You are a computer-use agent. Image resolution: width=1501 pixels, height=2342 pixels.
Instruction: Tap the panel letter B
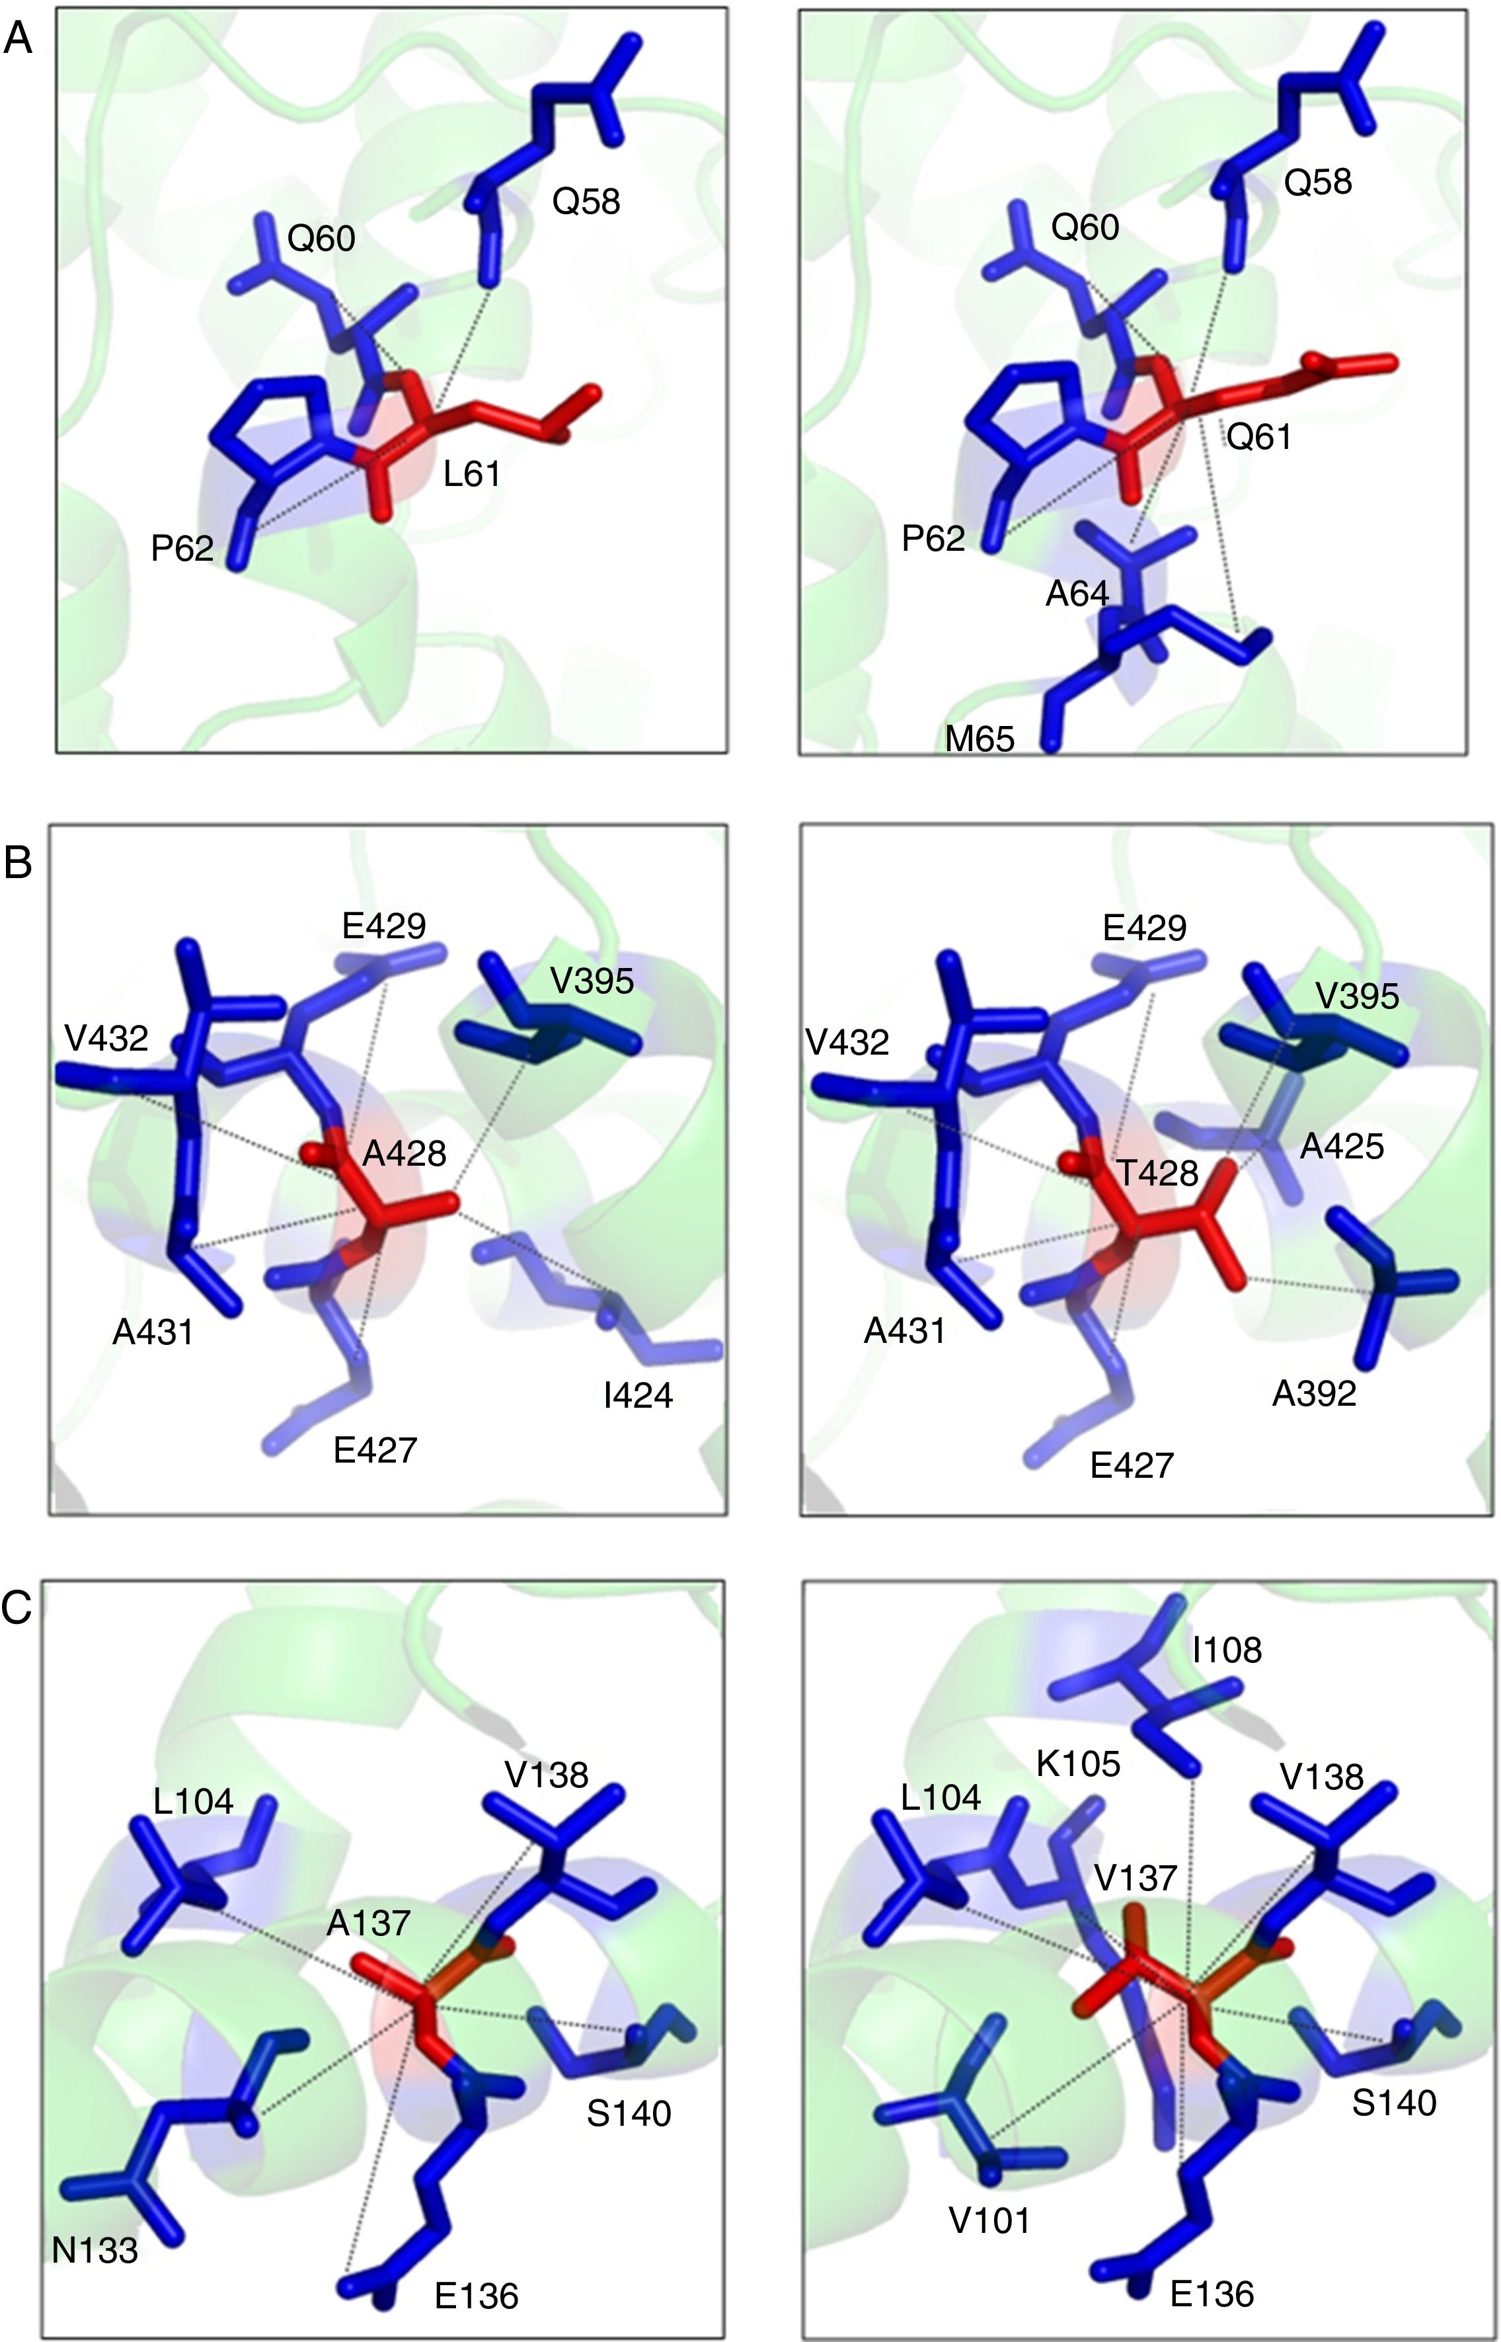(x=19, y=863)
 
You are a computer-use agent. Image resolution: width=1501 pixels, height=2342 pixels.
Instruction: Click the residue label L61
(x=472, y=475)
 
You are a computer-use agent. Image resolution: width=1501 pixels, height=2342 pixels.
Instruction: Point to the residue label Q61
(x=1258, y=438)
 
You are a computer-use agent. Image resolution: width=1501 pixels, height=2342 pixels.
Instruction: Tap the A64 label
(x=1077, y=593)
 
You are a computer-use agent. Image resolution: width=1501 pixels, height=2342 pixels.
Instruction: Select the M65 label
(x=980, y=740)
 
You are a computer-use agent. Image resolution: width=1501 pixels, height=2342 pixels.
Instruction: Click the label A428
(x=404, y=1153)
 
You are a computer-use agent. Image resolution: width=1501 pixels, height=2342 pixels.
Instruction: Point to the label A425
(x=1341, y=1146)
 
